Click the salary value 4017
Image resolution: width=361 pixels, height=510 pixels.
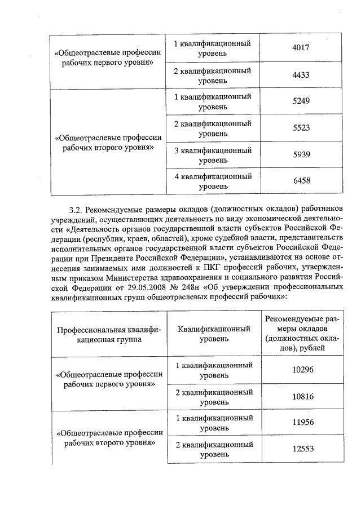[x=302, y=48]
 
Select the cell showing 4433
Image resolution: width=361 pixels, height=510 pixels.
[x=302, y=76]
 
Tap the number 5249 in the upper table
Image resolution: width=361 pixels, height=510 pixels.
[x=302, y=102]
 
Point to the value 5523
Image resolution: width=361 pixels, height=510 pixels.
[x=302, y=128]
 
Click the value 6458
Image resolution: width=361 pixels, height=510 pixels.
[x=302, y=181]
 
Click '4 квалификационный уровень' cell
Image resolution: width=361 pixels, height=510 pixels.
[x=213, y=181]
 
